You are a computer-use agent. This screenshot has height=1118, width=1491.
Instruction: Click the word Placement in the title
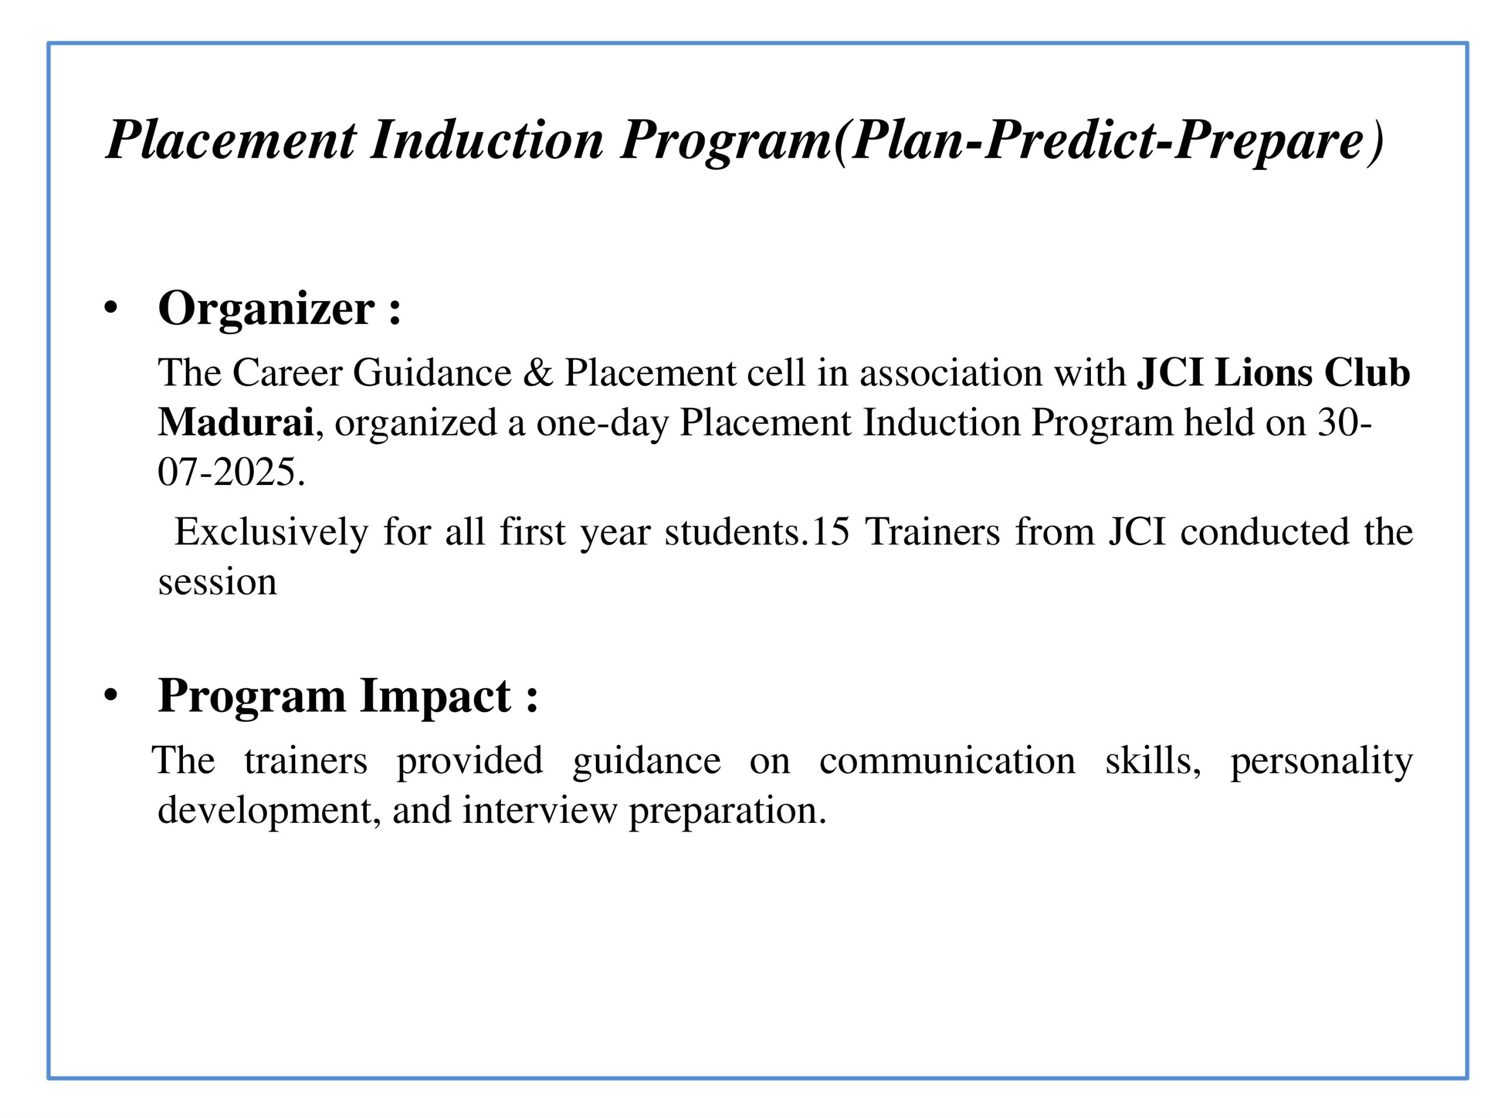(x=231, y=140)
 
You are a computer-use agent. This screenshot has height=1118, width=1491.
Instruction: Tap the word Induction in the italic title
(x=487, y=140)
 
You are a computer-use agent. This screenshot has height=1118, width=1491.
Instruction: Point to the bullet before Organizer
(x=111, y=309)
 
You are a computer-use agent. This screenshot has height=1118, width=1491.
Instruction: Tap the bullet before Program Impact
(x=111, y=697)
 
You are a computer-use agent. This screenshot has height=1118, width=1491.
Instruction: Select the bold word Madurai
(x=235, y=423)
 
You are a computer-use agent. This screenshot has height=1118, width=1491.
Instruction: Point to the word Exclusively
(x=271, y=532)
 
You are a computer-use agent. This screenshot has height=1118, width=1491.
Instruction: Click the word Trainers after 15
(x=932, y=532)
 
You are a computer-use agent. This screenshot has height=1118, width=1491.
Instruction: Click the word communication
(x=947, y=762)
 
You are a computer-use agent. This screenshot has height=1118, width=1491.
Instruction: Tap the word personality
(x=1321, y=762)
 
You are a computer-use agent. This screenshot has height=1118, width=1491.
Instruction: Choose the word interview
(x=539, y=811)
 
